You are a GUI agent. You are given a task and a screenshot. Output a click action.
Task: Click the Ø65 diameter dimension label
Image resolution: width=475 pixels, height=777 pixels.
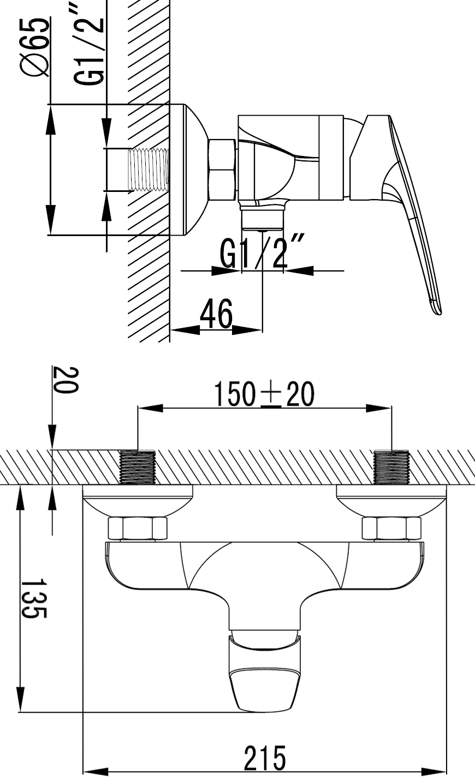tap(35, 47)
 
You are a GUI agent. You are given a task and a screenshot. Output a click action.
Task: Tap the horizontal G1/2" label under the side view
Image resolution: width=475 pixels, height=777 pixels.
tap(263, 251)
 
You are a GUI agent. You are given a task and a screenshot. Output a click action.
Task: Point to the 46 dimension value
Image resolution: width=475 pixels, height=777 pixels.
tap(216, 314)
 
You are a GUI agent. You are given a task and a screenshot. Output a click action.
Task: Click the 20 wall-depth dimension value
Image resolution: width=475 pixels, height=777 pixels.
tap(66, 381)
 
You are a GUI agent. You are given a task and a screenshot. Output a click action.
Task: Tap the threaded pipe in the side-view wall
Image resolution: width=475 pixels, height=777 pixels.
tap(149, 170)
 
